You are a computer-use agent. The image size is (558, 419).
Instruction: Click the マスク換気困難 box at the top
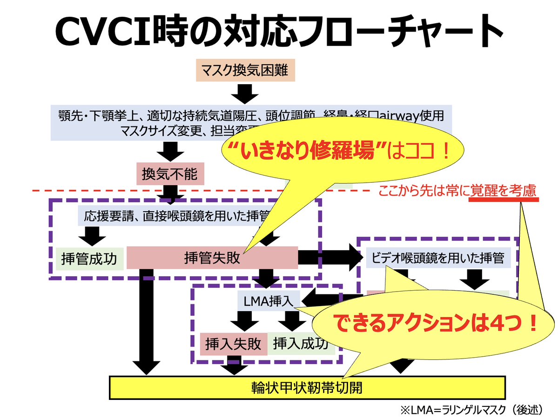point(245,71)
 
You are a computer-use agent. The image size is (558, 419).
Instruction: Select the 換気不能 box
point(170,174)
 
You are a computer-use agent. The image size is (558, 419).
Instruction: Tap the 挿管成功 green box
point(90,259)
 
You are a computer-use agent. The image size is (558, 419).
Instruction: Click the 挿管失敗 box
point(212,258)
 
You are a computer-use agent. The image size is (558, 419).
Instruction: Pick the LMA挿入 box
point(266,301)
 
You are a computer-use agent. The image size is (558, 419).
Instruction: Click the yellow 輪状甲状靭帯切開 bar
point(307,387)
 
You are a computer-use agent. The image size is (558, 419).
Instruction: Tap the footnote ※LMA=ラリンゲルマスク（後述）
point(471,410)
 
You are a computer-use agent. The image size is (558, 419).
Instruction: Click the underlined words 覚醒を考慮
point(503,191)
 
